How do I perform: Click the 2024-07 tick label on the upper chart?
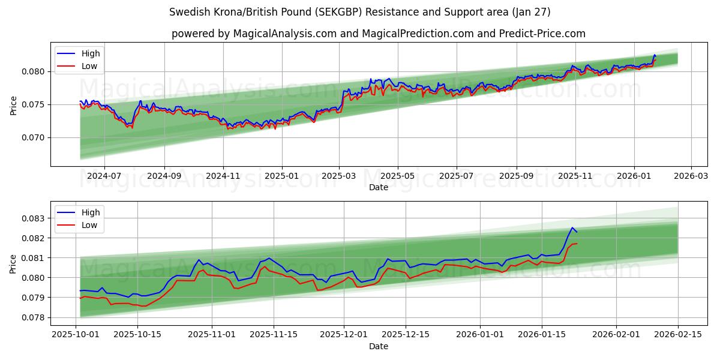pos(104,176)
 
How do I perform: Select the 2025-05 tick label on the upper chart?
pos(398,176)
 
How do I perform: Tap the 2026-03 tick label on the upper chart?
pos(691,176)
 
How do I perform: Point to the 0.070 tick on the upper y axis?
pos(35,137)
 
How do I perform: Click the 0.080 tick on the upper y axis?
pos(35,71)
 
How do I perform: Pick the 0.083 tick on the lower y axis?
pos(35,218)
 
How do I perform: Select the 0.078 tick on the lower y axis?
pos(35,317)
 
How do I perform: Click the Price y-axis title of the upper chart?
pos(13,104)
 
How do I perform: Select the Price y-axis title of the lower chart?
pos(13,263)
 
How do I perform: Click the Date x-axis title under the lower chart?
pos(378,346)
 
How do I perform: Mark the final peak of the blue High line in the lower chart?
pos(572,228)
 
